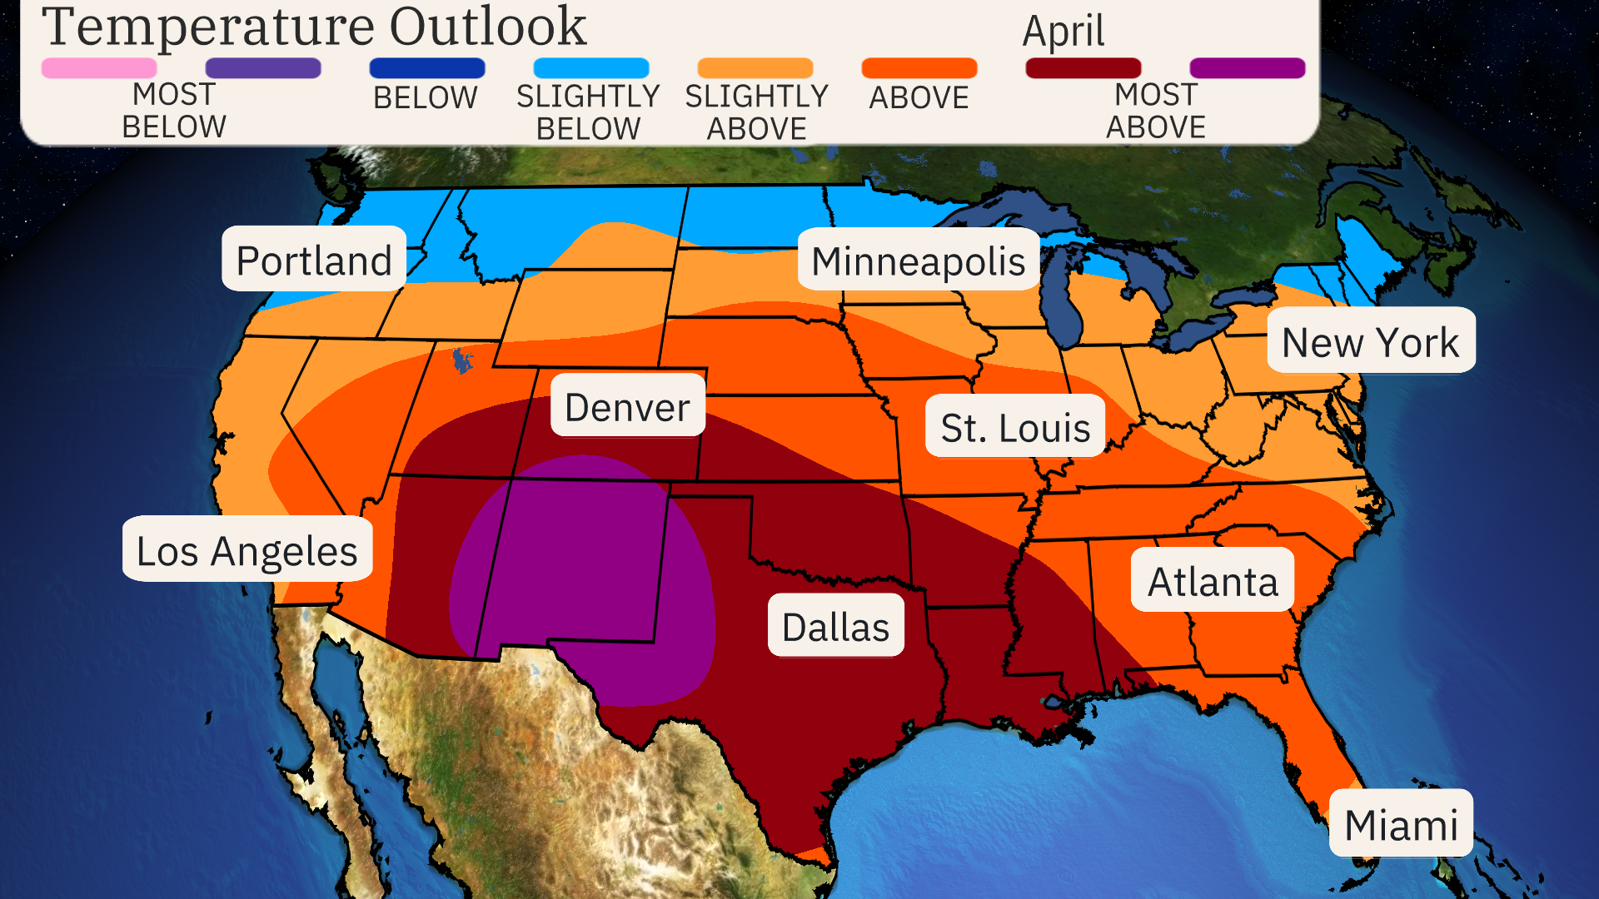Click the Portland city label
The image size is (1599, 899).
(x=314, y=260)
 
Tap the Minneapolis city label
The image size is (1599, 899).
(x=918, y=260)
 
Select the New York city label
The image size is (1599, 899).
(x=1370, y=341)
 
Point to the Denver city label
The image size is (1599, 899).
(x=627, y=406)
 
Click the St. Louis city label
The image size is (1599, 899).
(x=1014, y=426)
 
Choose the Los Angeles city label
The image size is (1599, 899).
(x=247, y=549)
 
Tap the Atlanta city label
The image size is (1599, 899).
(x=1212, y=580)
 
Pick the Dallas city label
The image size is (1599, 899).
(x=835, y=626)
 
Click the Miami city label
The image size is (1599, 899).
(x=1400, y=824)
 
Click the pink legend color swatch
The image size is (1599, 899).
(x=99, y=68)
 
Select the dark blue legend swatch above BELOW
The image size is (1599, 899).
(x=426, y=68)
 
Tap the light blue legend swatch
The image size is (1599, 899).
(x=590, y=68)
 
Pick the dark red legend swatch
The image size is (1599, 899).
(x=1083, y=68)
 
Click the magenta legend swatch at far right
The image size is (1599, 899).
(x=1247, y=68)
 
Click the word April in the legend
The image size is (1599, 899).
(x=1063, y=32)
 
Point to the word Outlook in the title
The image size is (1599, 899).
(x=488, y=27)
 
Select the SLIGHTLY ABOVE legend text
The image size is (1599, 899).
(x=756, y=112)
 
